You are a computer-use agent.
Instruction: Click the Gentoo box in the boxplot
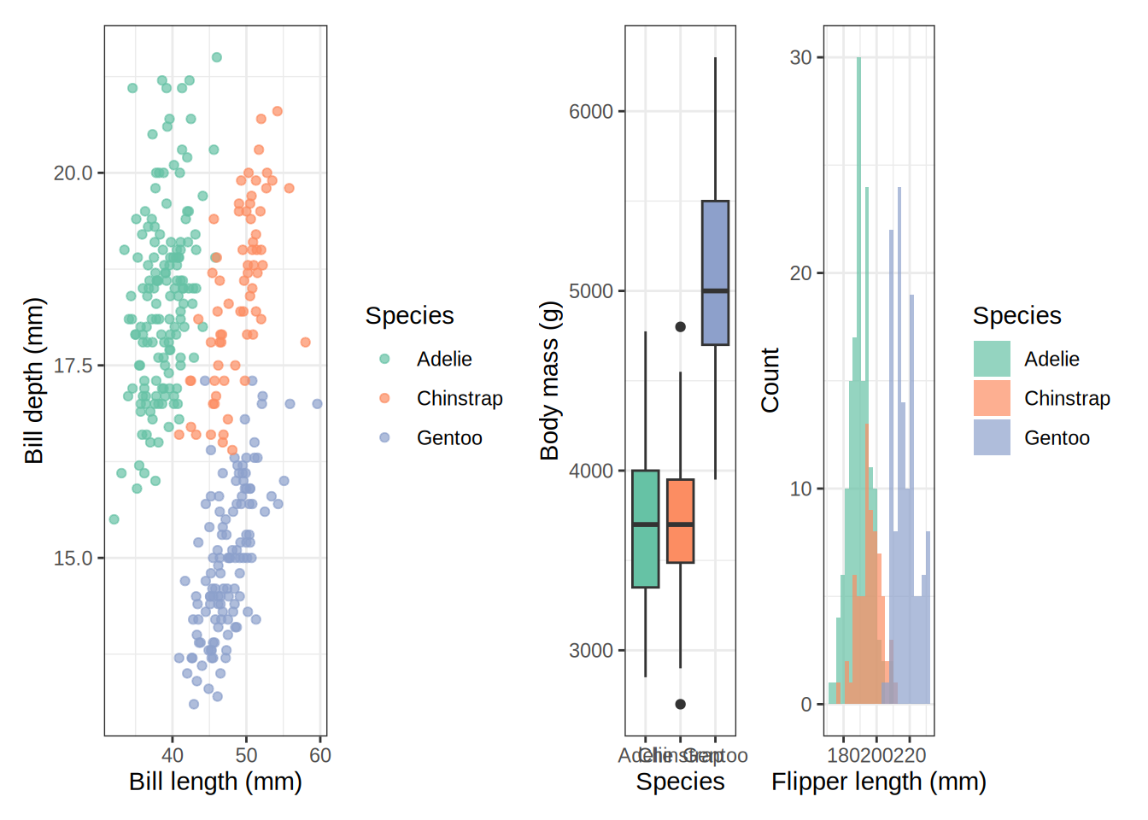click(x=715, y=273)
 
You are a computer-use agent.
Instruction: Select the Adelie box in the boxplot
click(x=645, y=529)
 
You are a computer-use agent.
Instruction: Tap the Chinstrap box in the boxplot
click(x=680, y=521)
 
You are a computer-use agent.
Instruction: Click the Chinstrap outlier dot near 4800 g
click(x=680, y=326)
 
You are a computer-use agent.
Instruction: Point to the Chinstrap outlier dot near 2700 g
click(x=680, y=704)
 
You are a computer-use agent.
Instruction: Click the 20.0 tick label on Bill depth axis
click(x=73, y=173)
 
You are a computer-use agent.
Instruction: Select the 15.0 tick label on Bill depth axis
click(x=73, y=559)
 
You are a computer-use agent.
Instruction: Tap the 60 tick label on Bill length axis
click(x=320, y=756)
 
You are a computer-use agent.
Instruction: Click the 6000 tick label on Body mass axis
click(x=591, y=112)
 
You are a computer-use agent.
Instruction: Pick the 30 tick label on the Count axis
click(x=800, y=58)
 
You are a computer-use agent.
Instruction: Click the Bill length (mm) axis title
click(x=215, y=782)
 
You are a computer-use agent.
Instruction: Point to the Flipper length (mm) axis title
click(x=878, y=782)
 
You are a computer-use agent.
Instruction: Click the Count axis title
click(x=770, y=380)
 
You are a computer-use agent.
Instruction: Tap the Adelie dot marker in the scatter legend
click(x=384, y=359)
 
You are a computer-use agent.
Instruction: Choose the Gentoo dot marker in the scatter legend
click(x=384, y=437)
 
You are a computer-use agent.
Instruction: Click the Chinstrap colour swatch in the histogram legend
click(x=992, y=398)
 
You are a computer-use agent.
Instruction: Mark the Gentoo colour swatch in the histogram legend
click(x=992, y=437)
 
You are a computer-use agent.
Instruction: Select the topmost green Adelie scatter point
click(x=217, y=57)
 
